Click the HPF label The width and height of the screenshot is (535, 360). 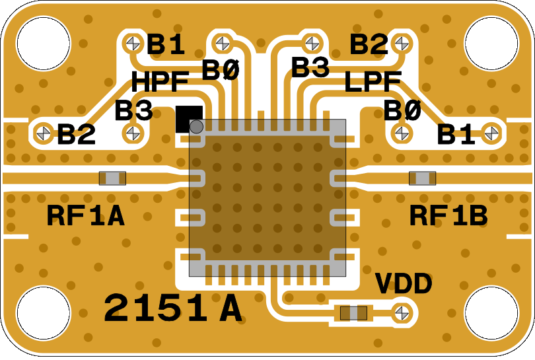pos(160,83)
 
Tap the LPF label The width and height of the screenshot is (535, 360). pos(373,83)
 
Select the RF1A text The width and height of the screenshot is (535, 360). pos(86,216)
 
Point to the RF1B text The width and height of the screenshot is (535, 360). pos(448,216)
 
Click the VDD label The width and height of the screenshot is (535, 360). pos(404,285)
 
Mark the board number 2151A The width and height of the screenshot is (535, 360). pos(172,308)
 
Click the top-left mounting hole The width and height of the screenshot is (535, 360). pos(44,42)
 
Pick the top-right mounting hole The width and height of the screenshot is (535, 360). pos(491,42)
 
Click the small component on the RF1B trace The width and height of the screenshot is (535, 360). pos(422,178)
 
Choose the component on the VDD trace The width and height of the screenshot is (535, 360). pos(353,312)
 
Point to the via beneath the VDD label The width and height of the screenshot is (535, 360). pos(402,312)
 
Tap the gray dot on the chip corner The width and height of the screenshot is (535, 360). pos(196,126)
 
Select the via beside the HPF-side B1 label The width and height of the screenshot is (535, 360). pos(133,44)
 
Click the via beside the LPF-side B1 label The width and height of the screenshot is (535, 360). pos(490,131)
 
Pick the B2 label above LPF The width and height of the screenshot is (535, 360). pos(369,45)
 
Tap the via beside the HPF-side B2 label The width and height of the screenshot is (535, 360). pos(45,131)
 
